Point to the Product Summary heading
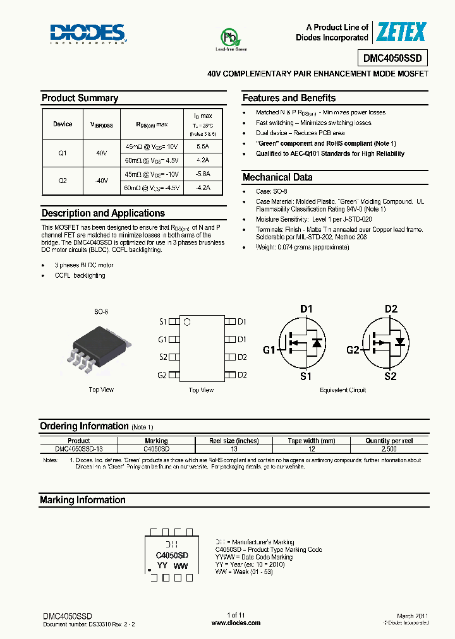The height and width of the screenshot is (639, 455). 80,98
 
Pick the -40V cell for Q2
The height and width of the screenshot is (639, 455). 102,181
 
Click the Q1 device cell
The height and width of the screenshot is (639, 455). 63,153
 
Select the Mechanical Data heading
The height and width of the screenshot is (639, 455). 277,177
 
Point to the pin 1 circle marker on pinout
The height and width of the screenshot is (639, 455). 186,322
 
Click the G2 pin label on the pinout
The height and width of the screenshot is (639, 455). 162,375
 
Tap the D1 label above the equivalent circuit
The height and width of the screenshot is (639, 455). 306,309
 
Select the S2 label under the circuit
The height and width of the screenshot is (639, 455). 390,376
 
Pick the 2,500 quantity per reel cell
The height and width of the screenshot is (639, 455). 389,449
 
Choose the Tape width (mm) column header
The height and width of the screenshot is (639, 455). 312,441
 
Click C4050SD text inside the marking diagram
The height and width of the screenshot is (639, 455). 172,556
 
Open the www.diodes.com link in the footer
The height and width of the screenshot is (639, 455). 236,623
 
